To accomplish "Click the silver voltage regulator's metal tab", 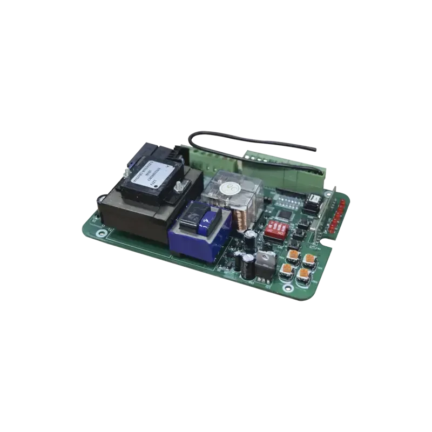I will pos(266,258).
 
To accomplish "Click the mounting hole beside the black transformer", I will pos(102,233).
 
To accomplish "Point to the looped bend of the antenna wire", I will pos(193,138).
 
